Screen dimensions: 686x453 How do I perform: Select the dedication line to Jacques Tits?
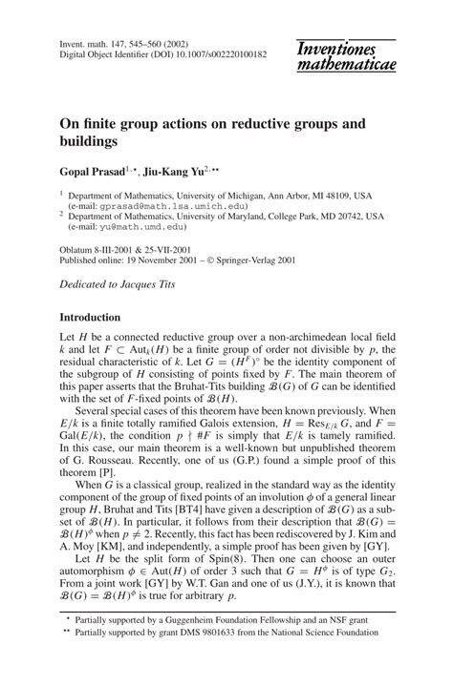117,286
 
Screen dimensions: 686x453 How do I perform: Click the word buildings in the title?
94,140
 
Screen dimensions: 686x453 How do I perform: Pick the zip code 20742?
351,218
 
